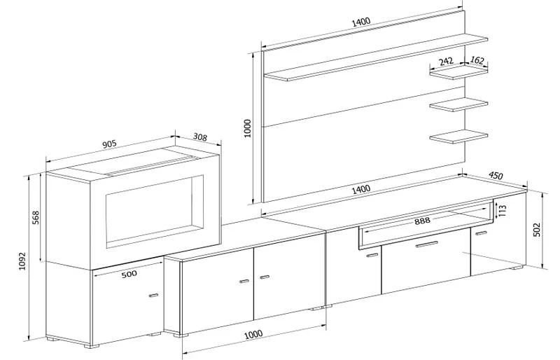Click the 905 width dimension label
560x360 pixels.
coord(109,144)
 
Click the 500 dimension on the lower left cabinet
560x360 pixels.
coord(128,274)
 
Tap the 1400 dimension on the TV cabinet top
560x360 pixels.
coord(362,189)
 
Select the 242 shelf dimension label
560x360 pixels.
coord(446,62)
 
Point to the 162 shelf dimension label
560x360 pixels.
coord(477,61)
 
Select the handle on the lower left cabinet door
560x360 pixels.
coord(153,296)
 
